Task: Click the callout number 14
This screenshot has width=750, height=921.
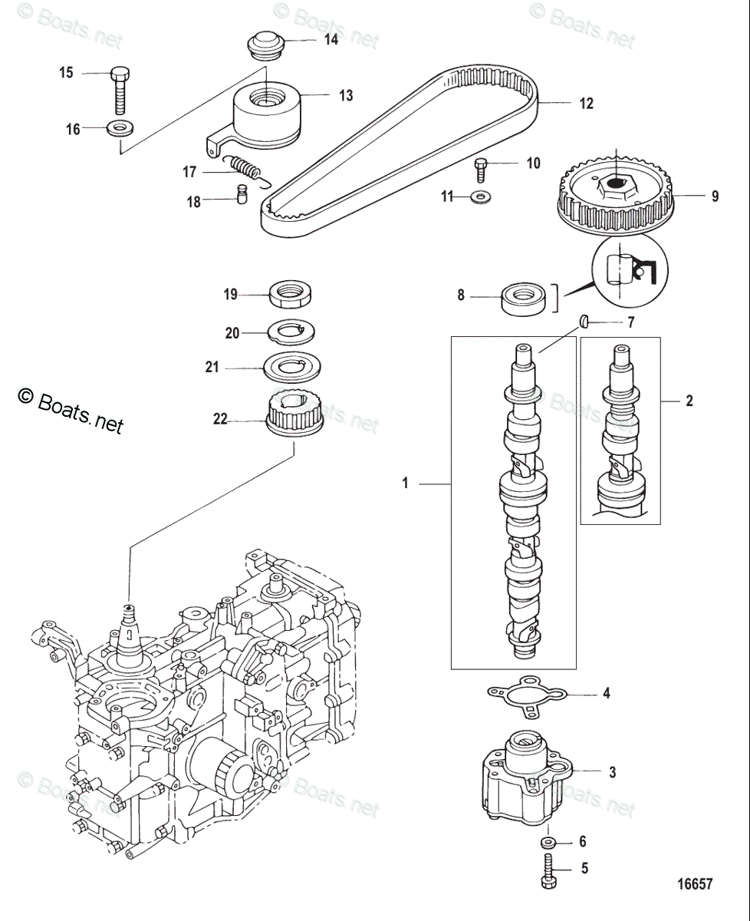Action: click(331, 40)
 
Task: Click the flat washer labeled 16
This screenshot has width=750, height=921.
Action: click(120, 127)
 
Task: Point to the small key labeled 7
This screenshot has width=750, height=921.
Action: click(584, 322)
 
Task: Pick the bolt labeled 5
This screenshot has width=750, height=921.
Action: click(549, 874)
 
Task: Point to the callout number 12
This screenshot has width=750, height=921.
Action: click(586, 104)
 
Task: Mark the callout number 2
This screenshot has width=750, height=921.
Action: click(689, 400)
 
